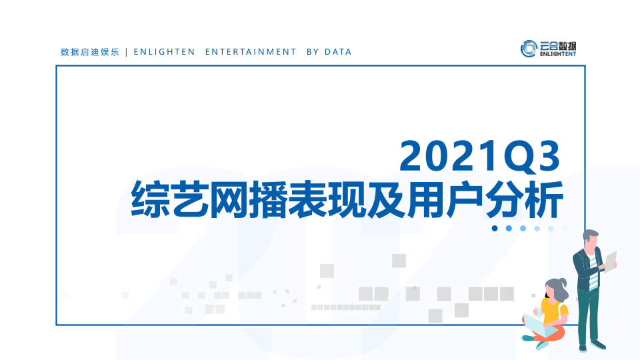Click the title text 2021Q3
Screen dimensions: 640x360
click(479, 156)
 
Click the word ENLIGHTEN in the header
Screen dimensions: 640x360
click(165, 52)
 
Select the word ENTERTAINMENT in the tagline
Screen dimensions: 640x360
click(251, 52)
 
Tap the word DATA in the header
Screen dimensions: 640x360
click(338, 52)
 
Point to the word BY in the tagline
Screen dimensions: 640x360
click(313, 52)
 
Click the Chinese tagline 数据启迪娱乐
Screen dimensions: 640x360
click(90, 52)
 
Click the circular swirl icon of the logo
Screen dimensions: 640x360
click(529, 49)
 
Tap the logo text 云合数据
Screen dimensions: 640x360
click(557, 46)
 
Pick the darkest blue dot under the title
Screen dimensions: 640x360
click(495, 228)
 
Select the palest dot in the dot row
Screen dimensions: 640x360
click(565, 229)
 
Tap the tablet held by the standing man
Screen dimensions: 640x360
click(611, 261)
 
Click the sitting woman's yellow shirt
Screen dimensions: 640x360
click(554, 312)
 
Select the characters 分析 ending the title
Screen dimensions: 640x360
click(525, 199)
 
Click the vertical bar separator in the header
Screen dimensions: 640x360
click(127, 52)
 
